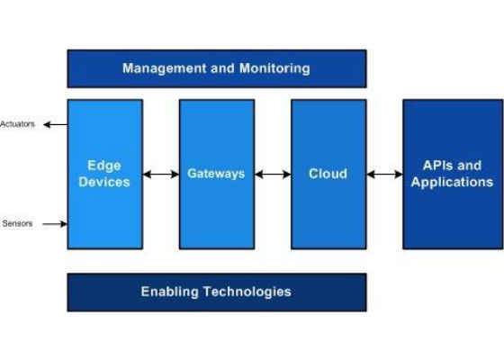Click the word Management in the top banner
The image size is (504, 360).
[164, 68]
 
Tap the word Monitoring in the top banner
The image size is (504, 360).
[274, 68]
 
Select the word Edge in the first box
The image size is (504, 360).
[104, 166]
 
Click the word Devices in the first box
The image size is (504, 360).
[104, 182]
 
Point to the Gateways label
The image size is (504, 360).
[216, 174]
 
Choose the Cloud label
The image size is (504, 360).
[328, 174]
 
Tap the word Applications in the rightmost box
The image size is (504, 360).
[452, 182]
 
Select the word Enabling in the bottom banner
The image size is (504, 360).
[170, 292]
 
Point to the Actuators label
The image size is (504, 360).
[17, 124]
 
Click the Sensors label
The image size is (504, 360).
[17, 223]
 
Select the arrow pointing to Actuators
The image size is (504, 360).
[55, 124]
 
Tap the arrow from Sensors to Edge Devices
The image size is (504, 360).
[55, 224]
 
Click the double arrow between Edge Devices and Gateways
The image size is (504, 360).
[161, 175]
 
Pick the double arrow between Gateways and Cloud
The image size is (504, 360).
[273, 175]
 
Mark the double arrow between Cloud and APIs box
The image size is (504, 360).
[384, 175]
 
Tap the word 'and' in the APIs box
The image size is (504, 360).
[469, 166]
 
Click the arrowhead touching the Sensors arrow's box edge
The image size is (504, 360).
[64, 224]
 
